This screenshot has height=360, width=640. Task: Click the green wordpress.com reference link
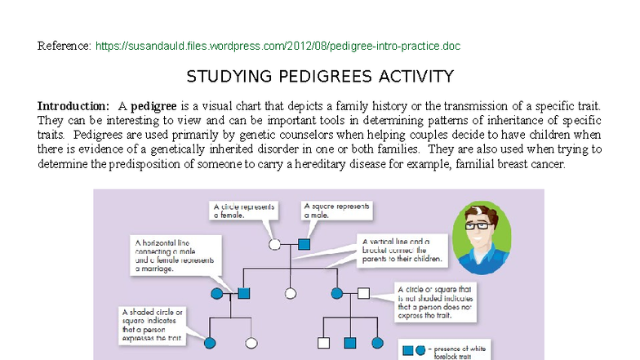(x=278, y=46)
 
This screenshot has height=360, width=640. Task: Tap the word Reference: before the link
(x=64, y=46)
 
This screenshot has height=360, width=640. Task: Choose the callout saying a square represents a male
(x=336, y=210)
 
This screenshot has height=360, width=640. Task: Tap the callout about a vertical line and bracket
(x=402, y=250)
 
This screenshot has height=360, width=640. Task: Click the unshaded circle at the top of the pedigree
(x=276, y=243)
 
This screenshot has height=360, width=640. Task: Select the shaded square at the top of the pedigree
(x=304, y=243)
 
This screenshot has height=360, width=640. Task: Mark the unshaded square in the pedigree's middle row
(x=363, y=292)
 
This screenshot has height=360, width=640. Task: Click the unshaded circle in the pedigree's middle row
(x=290, y=292)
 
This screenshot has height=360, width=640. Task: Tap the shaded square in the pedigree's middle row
(x=243, y=292)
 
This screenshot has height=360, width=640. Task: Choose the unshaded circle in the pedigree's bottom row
(x=251, y=343)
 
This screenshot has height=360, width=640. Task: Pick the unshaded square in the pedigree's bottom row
(x=323, y=343)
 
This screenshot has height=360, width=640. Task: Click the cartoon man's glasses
(x=482, y=225)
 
